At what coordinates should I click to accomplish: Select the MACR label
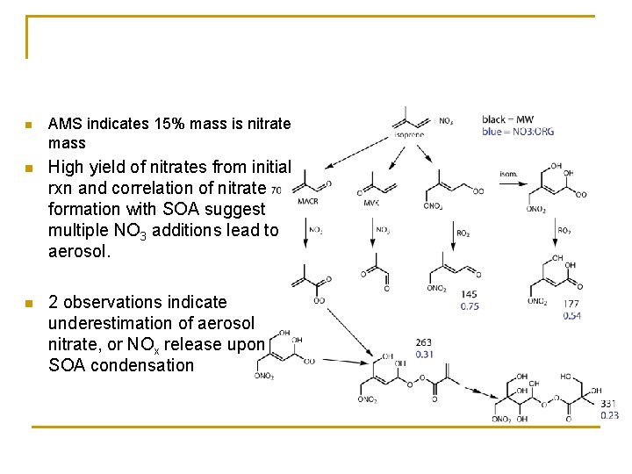(307, 201)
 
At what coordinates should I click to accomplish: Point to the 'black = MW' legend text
(507, 119)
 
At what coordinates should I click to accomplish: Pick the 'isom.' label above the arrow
(508, 174)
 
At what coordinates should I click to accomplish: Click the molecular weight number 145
(469, 295)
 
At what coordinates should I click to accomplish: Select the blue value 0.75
(470, 306)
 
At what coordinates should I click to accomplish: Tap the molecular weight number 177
(571, 304)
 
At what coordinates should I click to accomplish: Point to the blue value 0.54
(571, 315)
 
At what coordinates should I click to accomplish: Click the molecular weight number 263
(423, 343)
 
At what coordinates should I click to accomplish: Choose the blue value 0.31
(423, 354)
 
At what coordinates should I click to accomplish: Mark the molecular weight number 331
(608, 405)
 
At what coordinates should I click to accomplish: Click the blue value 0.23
(609, 415)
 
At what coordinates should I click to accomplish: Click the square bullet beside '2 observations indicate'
(29, 303)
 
